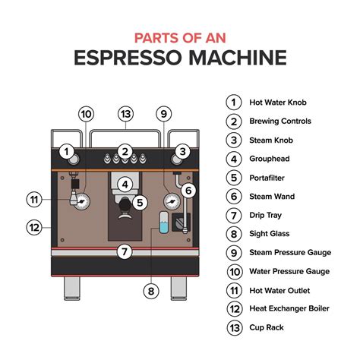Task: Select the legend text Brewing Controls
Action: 280,121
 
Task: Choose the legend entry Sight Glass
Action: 270,233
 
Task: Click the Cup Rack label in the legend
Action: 267,327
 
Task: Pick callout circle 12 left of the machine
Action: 34,226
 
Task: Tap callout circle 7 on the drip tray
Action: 125,251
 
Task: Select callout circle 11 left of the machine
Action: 34,200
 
